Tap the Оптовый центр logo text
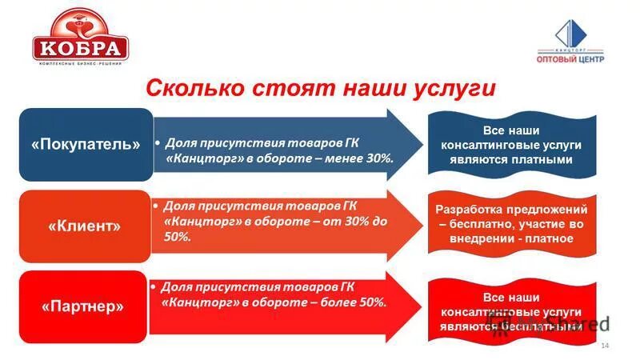tap(570, 58)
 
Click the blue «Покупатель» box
tap(86, 144)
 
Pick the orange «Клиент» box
tap(86, 226)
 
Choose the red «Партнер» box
tap(86, 306)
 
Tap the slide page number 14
tap(604, 345)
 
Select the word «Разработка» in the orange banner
tap(467, 209)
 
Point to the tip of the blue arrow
tap(422, 144)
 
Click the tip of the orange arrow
tap(422, 226)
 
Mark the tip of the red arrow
tap(422, 306)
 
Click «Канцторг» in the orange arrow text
tap(200, 222)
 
